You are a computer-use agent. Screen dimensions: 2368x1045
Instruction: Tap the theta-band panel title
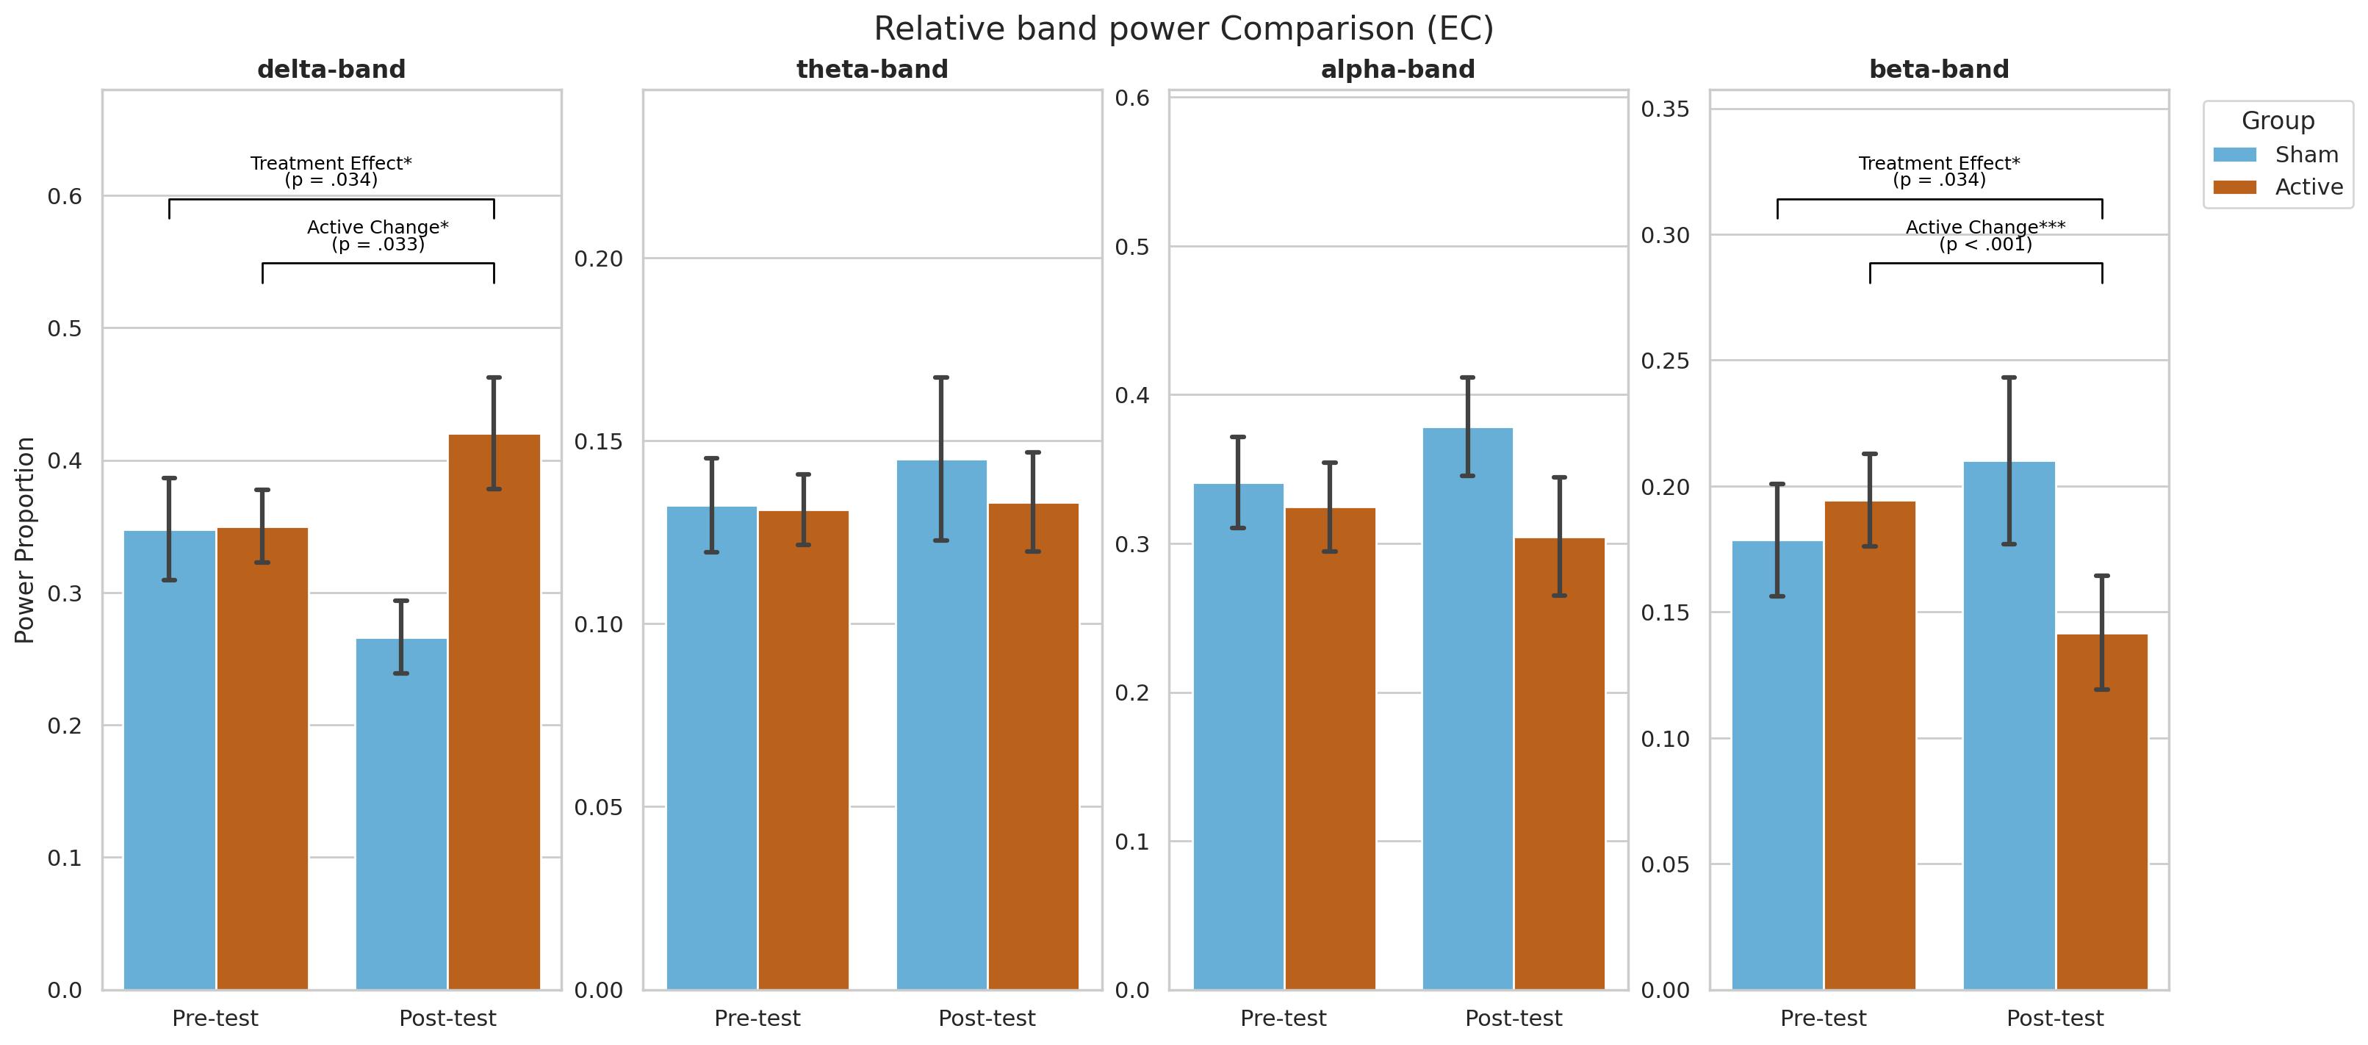(871, 69)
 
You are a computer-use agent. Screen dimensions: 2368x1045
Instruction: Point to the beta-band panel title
(1939, 69)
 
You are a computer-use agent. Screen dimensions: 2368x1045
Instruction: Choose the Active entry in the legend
(2278, 187)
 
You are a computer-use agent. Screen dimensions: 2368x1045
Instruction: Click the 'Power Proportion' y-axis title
(25, 540)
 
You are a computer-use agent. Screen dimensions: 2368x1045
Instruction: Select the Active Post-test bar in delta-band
(494, 712)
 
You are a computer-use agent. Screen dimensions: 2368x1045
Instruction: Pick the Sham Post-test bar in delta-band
(401, 814)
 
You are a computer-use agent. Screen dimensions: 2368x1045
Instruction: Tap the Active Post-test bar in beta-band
(2101, 811)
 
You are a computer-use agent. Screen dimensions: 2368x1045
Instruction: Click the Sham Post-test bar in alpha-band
(1467, 709)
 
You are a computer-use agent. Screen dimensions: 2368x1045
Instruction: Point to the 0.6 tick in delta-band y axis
(65, 196)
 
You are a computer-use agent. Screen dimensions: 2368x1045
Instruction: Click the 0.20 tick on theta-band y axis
(599, 258)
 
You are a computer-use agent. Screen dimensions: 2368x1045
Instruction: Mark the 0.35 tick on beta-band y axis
(1665, 109)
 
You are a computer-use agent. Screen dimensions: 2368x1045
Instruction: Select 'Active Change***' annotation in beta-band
(1986, 226)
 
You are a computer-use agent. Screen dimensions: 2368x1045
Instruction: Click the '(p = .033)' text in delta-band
(378, 245)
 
